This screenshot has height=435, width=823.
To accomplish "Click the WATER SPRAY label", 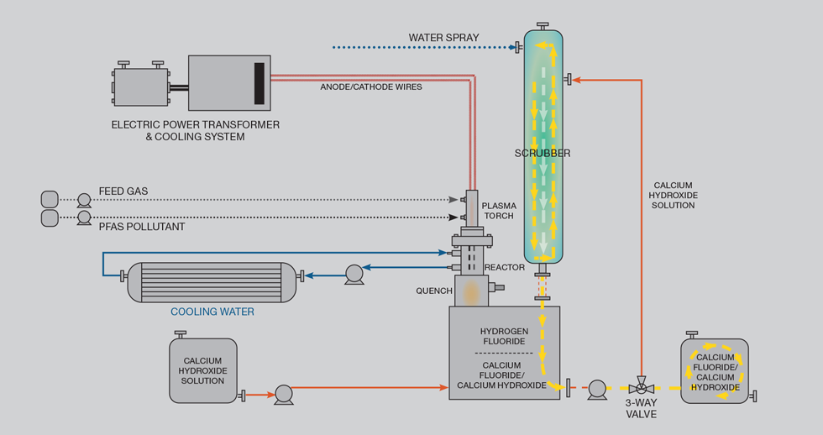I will (x=443, y=38).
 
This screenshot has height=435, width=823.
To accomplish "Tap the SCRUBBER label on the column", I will (x=543, y=154).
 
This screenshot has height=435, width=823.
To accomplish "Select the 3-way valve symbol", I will (x=642, y=388).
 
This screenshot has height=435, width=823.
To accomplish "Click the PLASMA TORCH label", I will (x=499, y=211).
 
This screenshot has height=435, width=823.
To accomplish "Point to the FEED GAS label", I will (x=123, y=191).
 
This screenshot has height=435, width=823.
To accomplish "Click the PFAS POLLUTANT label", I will (x=141, y=227).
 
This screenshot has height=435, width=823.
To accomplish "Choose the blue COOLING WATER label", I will (x=212, y=312).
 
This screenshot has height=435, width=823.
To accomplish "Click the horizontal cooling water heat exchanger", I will (x=212, y=281).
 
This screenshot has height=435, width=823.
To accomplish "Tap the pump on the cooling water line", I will (x=354, y=273).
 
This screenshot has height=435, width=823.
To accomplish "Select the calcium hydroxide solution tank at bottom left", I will (x=202, y=370).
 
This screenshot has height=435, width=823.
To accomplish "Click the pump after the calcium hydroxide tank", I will (x=283, y=393).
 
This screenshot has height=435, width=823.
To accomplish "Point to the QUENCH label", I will (x=434, y=291).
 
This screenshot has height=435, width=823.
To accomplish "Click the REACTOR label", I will (x=505, y=268).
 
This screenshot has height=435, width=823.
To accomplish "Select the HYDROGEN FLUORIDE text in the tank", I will (x=503, y=336).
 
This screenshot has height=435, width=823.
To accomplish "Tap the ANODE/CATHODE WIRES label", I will (x=371, y=86).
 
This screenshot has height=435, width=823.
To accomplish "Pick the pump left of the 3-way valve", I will (x=596, y=388).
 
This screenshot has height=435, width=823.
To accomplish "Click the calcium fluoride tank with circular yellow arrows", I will (x=714, y=371).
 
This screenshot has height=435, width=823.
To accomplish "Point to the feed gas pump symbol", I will (x=84, y=200).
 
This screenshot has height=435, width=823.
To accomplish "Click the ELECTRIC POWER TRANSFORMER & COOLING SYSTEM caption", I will (x=195, y=130).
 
